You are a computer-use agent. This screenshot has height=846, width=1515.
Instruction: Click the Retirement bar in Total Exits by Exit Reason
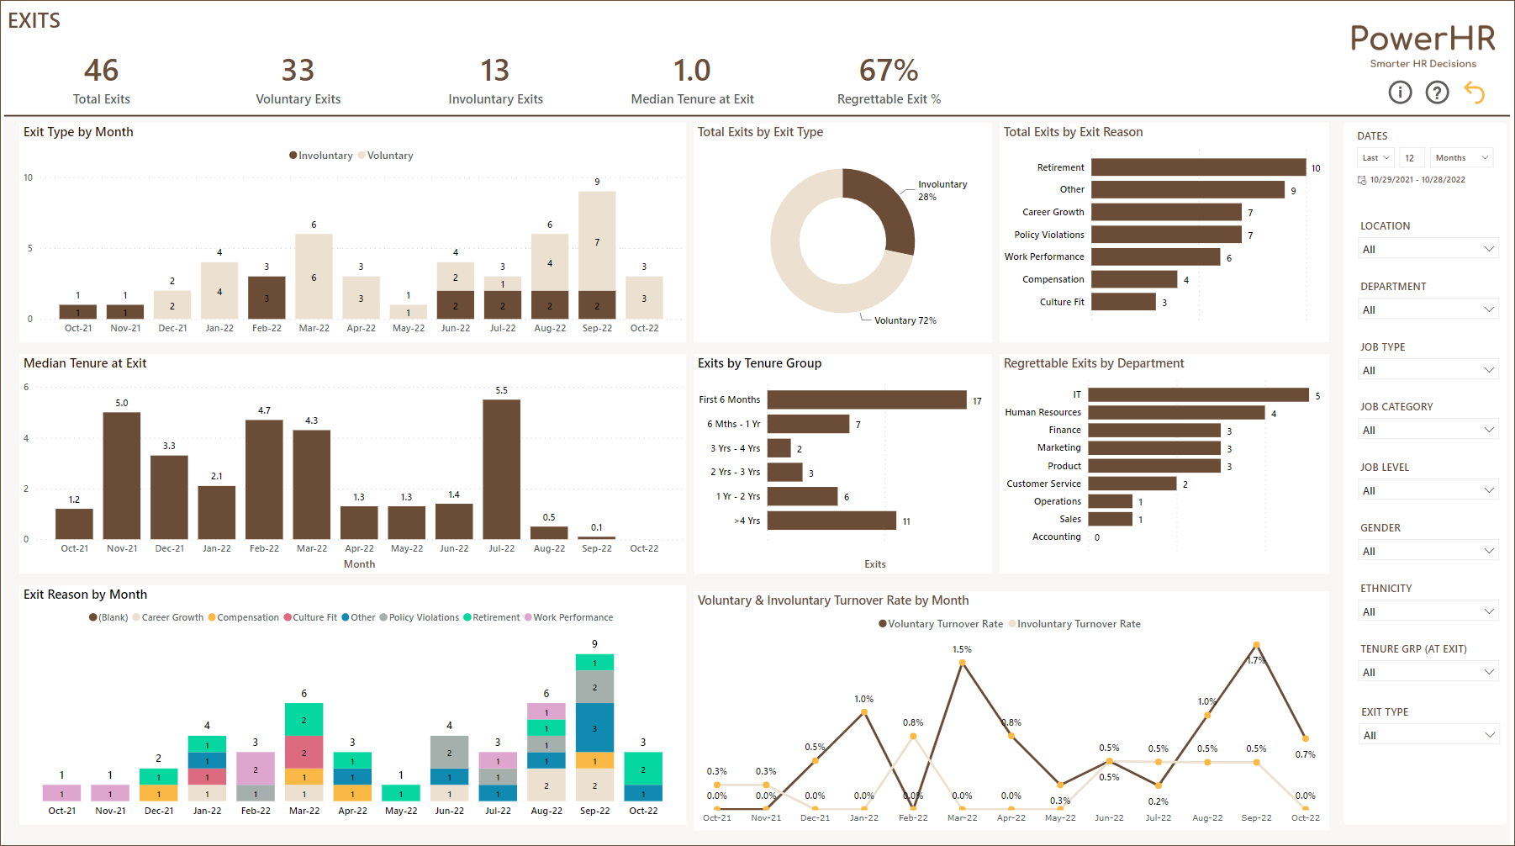tap(1198, 167)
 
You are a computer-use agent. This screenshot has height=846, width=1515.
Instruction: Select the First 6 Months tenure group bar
tap(866, 399)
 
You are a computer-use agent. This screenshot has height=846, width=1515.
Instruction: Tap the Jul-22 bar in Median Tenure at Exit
tap(501, 468)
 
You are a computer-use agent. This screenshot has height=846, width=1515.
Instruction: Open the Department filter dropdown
tap(1428, 309)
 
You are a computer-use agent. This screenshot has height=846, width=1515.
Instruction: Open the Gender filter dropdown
tap(1428, 551)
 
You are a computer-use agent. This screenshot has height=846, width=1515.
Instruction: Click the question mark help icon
tap(1437, 93)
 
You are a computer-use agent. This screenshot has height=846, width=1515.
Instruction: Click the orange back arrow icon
tap(1474, 92)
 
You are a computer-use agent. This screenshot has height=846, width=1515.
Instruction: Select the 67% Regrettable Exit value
tap(888, 71)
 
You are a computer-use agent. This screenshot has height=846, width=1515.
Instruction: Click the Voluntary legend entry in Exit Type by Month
tap(389, 156)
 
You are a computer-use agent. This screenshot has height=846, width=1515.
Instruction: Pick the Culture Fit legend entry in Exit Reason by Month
tap(314, 617)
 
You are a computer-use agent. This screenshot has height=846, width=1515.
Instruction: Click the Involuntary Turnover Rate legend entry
tap(1078, 624)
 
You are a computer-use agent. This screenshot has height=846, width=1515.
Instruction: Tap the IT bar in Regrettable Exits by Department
tap(1198, 394)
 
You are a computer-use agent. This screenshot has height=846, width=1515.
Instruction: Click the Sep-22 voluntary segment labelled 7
tap(597, 242)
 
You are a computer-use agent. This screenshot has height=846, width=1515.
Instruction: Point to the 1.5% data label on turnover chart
tap(962, 649)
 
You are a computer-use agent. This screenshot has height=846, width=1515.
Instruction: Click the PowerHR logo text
tap(1423, 39)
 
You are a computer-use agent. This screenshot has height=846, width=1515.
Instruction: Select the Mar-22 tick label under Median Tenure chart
tap(312, 548)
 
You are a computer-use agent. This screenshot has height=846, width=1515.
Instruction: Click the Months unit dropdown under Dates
tap(1461, 158)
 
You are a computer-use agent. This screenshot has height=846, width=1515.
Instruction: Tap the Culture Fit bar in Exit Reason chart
tap(1123, 302)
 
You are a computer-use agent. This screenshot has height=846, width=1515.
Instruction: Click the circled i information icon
tap(1400, 93)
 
